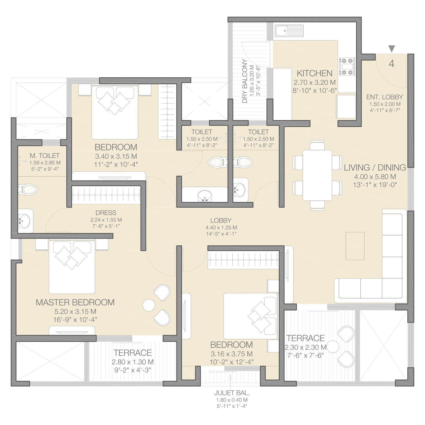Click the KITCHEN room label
coord(314,73)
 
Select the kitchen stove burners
coord(347,67)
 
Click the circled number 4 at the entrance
coord(392,63)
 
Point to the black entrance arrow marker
coord(392,49)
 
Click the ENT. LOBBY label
coord(384,97)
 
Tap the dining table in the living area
coord(317,175)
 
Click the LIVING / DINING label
coord(375,167)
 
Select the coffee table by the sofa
coord(355,246)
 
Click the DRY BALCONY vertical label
coord(245,81)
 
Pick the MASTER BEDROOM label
coord(75,302)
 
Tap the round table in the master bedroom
coord(149,305)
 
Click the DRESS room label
coord(106,213)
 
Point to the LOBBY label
coord(221,220)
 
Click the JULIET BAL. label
coord(232,393)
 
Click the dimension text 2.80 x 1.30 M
coord(133,362)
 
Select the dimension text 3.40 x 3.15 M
coord(116,156)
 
